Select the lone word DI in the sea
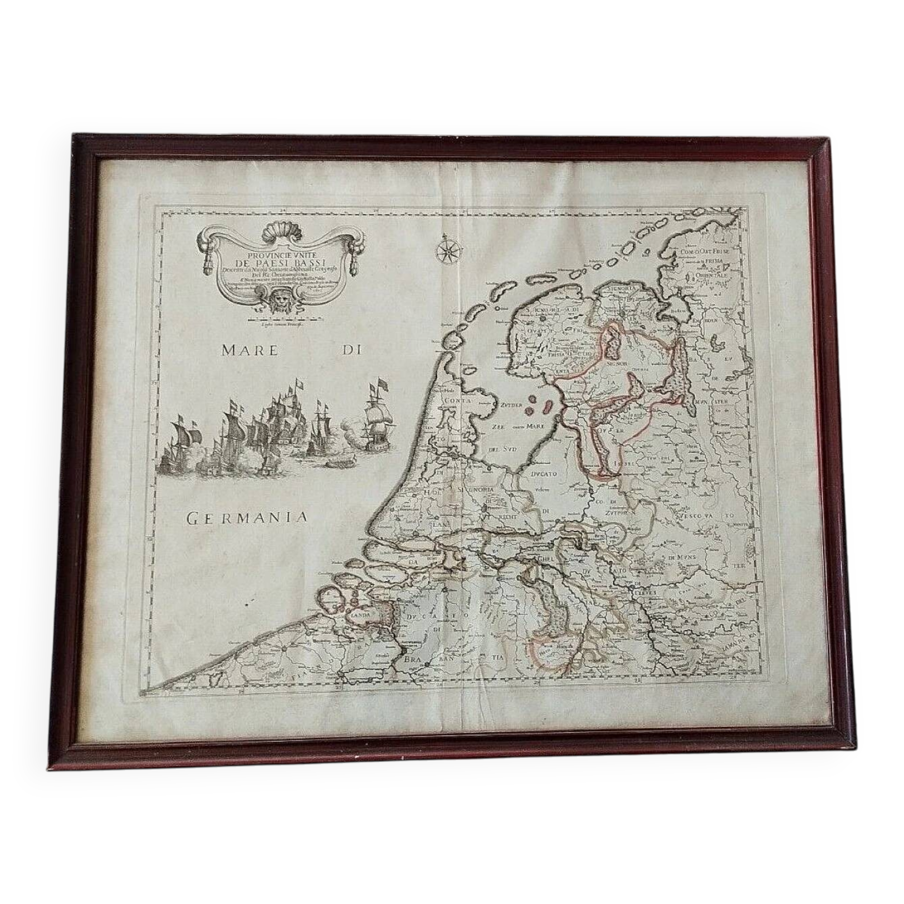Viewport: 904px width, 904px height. click(348, 351)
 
